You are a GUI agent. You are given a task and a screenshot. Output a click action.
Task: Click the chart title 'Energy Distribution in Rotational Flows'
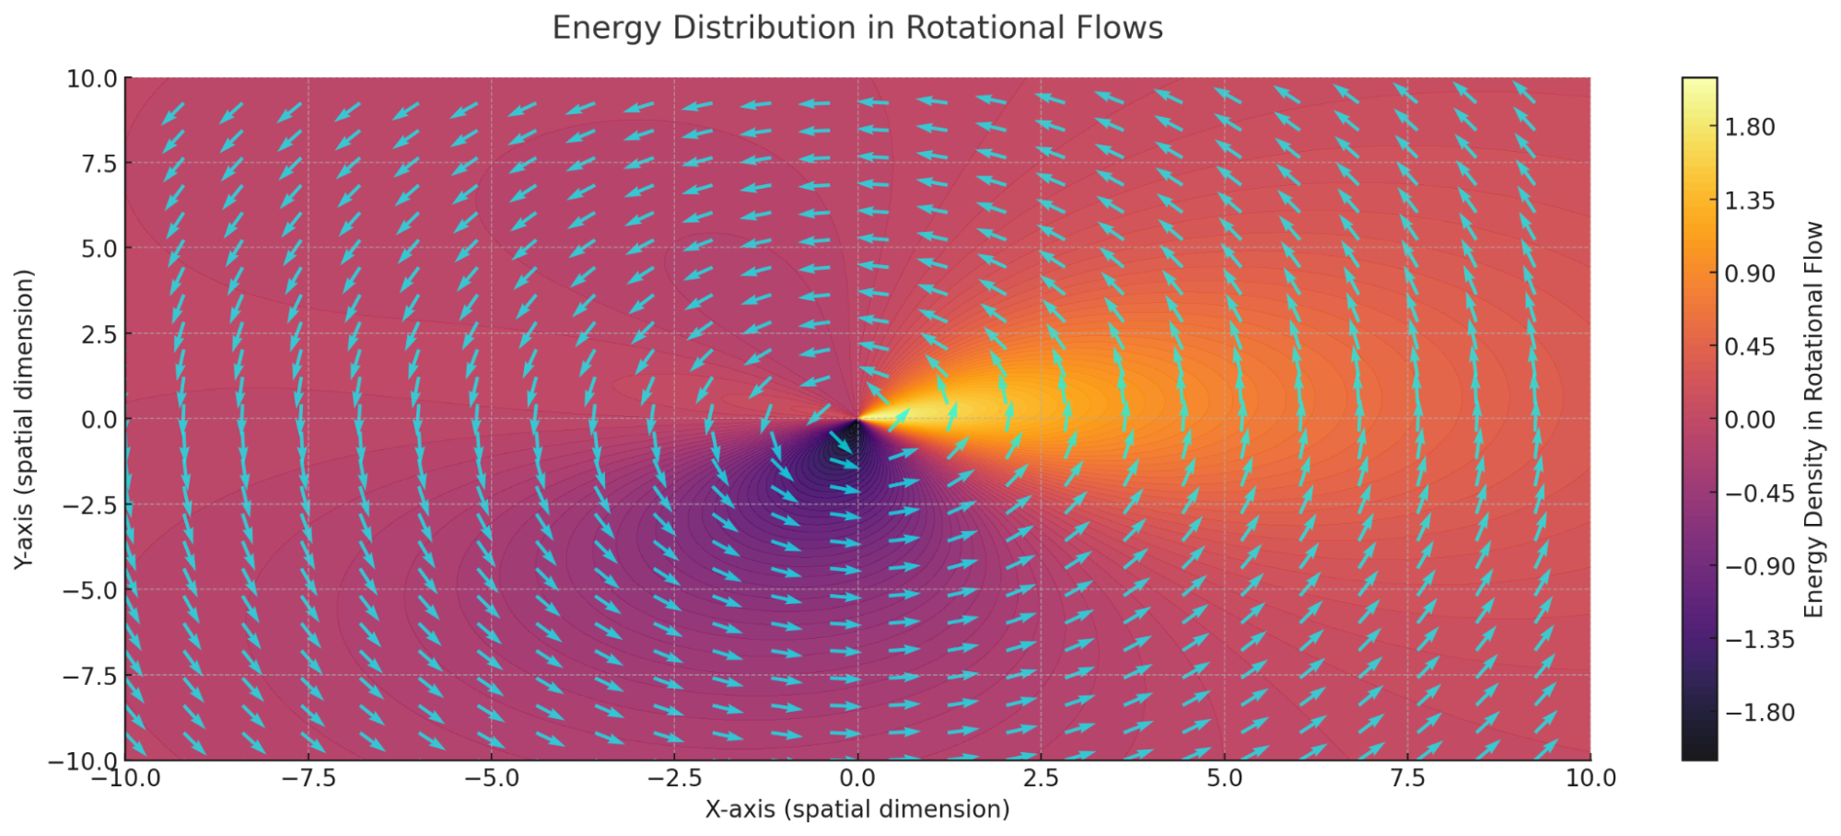tap(856, 28)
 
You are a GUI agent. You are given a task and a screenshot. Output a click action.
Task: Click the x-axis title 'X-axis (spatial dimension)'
tap(856, 809)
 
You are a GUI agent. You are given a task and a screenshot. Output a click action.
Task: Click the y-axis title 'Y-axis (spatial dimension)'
tap(25, 419)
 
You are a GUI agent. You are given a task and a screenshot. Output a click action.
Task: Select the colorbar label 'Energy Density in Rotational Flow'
tap(1813, 419)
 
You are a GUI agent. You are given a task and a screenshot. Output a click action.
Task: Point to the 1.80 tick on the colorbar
tap(1749, 127)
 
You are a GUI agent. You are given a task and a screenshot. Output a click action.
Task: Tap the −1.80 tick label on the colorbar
tap(1759, 713)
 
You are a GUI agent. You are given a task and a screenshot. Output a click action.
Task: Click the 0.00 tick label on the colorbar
tap(1749, 420)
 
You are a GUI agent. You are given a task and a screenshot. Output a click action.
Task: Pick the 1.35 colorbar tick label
tap(1749, 201)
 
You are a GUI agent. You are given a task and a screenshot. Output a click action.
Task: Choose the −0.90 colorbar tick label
tap(1759, 566)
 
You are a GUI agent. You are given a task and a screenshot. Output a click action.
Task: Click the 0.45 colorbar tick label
tap(1749, 347)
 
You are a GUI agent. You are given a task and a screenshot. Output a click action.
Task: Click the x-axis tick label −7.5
tap(308, 779)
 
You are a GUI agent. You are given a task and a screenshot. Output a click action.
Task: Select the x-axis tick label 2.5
tap(1041, 779)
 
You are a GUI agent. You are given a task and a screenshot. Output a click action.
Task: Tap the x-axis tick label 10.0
tap(1590, 779)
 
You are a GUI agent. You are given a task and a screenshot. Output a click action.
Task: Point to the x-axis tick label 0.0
tap(857, 779)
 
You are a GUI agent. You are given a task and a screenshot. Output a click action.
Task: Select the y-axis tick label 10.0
tap(92, 79)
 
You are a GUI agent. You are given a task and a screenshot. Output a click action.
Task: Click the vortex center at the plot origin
tap(857, 420)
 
